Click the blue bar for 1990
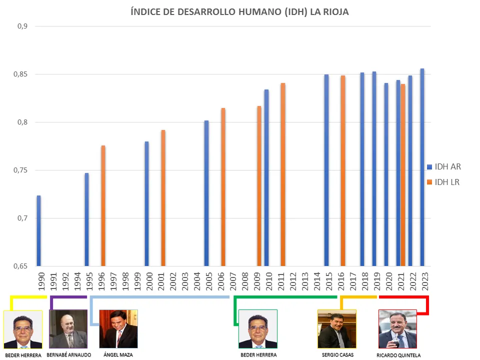pyautogui.click(x=38, y=230)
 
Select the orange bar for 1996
pyautogui.click(x=103, y=205)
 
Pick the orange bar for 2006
pyautogui.click(x=223, y=187)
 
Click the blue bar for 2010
pyautogui.click(x=266, y=177)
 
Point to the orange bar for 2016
pyautogui.click(x=342, y=170)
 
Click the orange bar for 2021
pyautogui.click(x=402, y=175)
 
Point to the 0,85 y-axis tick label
pyautogui.click(x=20, y=74)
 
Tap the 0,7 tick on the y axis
pyautogui.click(x=21, y=218)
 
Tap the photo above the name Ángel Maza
pyautogui.click(x=118, y=328)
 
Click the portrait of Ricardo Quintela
pyautogui.click(x=397, y=328)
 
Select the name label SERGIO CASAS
pyautogui.click(x=337, y=354)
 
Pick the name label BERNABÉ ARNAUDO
pyautogui.click(x=68, y=354)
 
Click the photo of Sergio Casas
pyautogui.click(x=337, y=328)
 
